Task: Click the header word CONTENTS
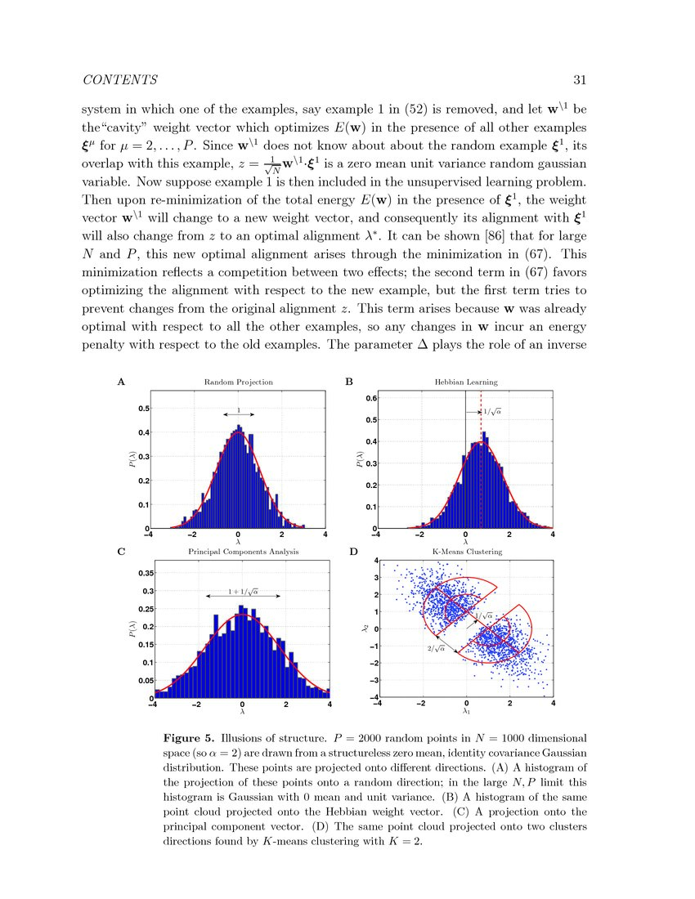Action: (x=120, y=80)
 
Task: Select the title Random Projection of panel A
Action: (x=238, y=382)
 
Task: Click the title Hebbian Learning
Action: (x=465, y=382)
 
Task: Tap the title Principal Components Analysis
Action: (x=244, y=552)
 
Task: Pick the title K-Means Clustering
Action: (x=466, y=552)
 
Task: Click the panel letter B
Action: (x=349, y=382)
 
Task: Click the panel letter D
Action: (x=353, y=552)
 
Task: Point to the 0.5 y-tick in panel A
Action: (x=143, y=408)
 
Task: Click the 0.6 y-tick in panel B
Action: (x=370, y=399)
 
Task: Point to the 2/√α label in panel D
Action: (x=435, y=648)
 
